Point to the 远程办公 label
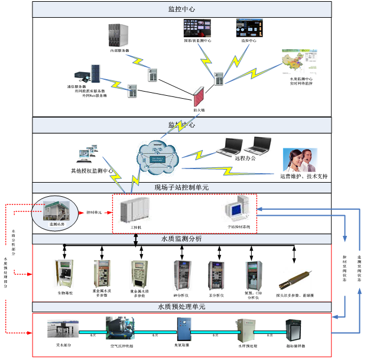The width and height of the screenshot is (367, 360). pyautogui.click(x=246, y=159)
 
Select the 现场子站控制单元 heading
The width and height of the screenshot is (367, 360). pyautogui.click(x=181, y=187)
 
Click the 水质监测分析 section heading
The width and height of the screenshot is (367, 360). pyautogui.click(x=181, y=239)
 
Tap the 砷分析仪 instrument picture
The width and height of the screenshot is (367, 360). pyautogui.click(x=181, y=275)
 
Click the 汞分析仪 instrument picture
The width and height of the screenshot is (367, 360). pyautogui.click(x=215, y=275)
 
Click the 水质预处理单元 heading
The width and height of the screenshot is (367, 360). pyautogui.click(x=181, y=307)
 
